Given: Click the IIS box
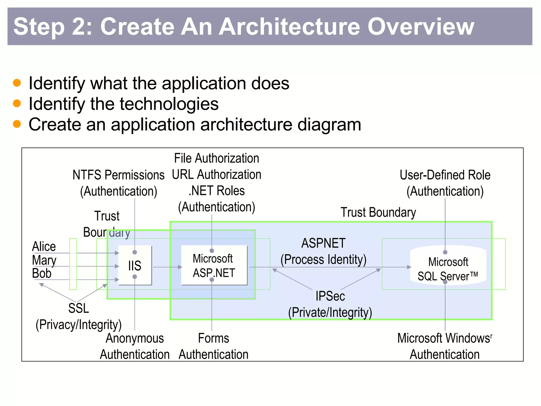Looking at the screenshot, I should (135, 265).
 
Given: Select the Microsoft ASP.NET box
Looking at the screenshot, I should (214, 265).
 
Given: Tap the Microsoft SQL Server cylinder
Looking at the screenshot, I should (448, 265).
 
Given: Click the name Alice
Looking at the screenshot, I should (44, 247).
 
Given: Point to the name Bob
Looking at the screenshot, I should (42, 273).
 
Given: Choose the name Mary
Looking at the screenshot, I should (44, 260).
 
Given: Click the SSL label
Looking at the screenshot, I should (78, 308).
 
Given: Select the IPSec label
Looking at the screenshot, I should (330, 296).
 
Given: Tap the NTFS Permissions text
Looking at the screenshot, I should (118, 175).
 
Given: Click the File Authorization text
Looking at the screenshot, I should (216, 158).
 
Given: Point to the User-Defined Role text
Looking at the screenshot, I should (445, 175).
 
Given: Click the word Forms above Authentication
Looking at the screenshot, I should (213, 338).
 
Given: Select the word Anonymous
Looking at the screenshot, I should (135, 338).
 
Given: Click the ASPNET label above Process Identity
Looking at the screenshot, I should (323, 243).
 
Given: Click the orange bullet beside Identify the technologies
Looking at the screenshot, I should (17, 103).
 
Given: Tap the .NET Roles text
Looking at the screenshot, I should (216, 191).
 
